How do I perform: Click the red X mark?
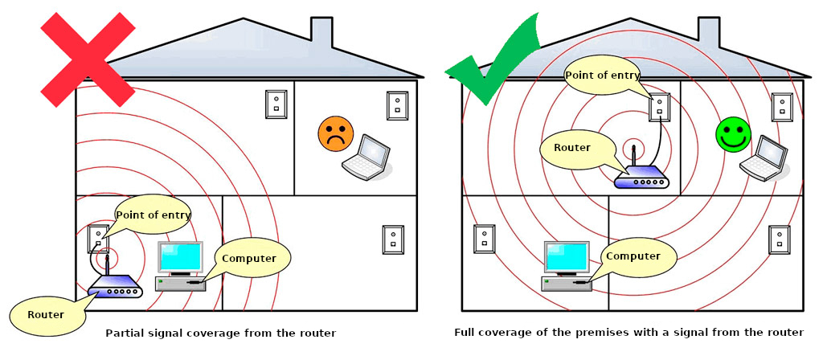click(88, 59)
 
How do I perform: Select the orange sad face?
click(336, 134)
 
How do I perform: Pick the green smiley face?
click(733, 134)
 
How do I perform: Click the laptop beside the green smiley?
click(764, 158)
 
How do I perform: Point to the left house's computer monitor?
click(181, 258)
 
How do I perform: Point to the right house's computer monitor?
click(567, 258)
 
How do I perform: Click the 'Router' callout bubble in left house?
click(47, 314)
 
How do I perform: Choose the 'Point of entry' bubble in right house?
click(603, 76)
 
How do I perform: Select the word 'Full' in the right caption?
click(465, 333)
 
